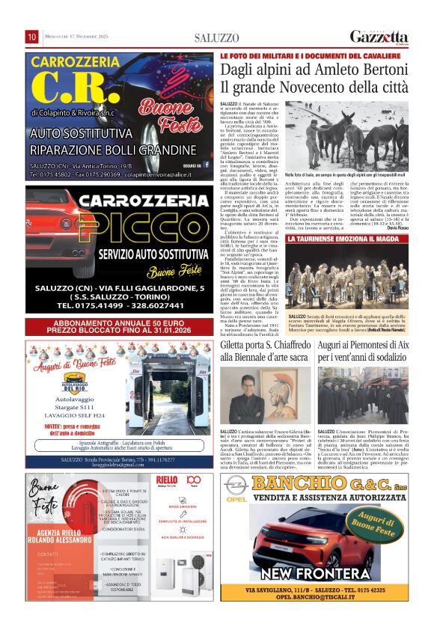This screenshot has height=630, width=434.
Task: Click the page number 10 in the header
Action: [32, 37]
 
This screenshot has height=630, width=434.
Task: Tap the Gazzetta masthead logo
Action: [379, 37]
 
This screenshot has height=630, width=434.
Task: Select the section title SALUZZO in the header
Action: [216, 38]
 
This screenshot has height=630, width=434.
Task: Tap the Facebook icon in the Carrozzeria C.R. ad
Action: [207, 165]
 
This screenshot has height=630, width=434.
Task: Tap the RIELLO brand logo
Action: [166, 480]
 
